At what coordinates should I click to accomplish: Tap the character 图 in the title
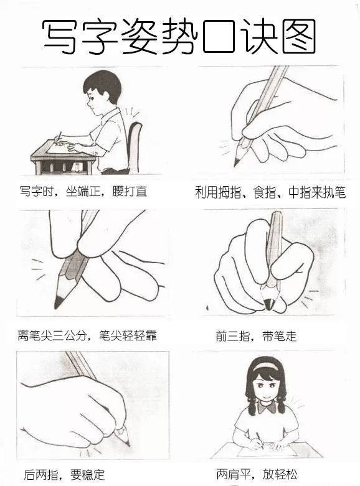[x=299, y=36]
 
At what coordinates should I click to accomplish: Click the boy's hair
[x=101, y=83]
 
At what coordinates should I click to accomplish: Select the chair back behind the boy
[x=135, y=146]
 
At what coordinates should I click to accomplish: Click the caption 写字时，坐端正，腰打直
[x=83, y=191]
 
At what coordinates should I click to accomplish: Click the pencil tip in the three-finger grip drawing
[x=237, y=161]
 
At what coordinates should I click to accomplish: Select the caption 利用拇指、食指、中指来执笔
[x=270, y=192]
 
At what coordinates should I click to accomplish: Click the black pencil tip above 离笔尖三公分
[x=58, y=302]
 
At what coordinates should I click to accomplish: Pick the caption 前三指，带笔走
[x=256, y=336]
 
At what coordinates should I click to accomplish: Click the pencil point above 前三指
[x=268, y=305]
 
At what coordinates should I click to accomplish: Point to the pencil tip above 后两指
[x=128, y=444]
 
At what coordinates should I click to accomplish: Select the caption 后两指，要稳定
[x=64, y=474]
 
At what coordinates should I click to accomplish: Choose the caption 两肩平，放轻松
[x=257, y=474]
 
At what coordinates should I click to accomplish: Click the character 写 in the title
[x=59, y=36]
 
